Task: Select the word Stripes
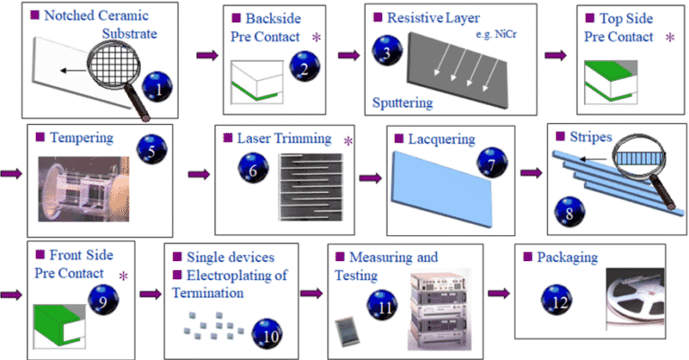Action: click(x=595, y=139)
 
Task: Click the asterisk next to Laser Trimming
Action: click(x=348, y=141)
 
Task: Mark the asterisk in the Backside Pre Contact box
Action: click(x=316, y=37)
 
